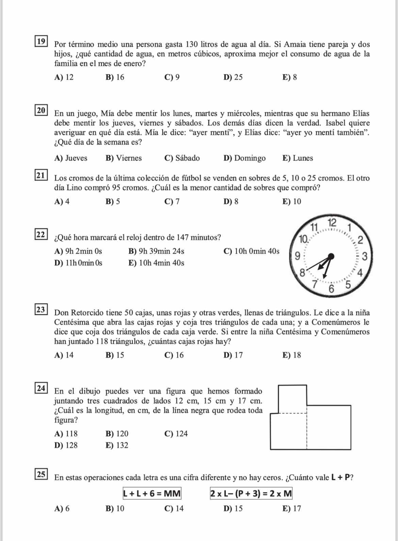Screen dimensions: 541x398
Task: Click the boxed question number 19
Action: (x=41, y=42)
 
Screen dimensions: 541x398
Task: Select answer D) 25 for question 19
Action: (x=233, y=78)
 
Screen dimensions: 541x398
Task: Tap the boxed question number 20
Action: (x=41, y=110)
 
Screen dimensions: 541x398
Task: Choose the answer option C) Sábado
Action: (x=182, y=158)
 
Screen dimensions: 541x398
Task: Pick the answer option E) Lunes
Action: (x=298, y=158)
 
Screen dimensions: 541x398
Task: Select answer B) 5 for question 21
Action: (x=113, y=202)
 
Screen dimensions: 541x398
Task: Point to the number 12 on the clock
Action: (x=332, y=223)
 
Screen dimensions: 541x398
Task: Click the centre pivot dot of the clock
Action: (x=331, y=256)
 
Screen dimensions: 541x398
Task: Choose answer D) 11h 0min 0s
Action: (x=78, y=263)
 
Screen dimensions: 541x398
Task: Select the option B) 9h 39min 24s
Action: (x=156, y=252)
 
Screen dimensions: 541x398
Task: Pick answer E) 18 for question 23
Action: (x=292, y=356)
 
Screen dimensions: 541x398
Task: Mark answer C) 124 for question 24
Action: (x=176, y=434)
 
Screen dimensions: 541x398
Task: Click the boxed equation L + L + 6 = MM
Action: (x=152, y=493)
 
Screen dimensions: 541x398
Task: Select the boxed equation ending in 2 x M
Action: (x=251, y=493)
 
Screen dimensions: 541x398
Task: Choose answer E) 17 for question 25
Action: (x=292, y=509)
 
